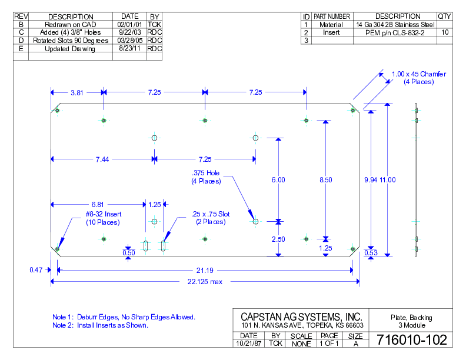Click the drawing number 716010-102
click(x=411, y=339)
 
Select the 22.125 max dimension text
click(x=205, y=282)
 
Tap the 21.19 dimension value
click(x=205, y=270)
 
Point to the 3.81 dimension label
click(x=77, y=92)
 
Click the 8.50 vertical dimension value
click(x=325, y=179)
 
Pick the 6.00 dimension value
click(x=278, y=179)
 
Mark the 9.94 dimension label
click(x=371, y=179)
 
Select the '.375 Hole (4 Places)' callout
click(x=205, y=177)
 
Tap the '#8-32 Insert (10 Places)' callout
click(x=103, y=218)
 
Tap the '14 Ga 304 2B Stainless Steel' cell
click(x=395, y=25)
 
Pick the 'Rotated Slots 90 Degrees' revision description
click(x=71, y=41)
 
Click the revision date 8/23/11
click(x=129, y=49)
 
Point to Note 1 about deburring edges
click(x=124, y=317)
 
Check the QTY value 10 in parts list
click(x=444, y=33)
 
